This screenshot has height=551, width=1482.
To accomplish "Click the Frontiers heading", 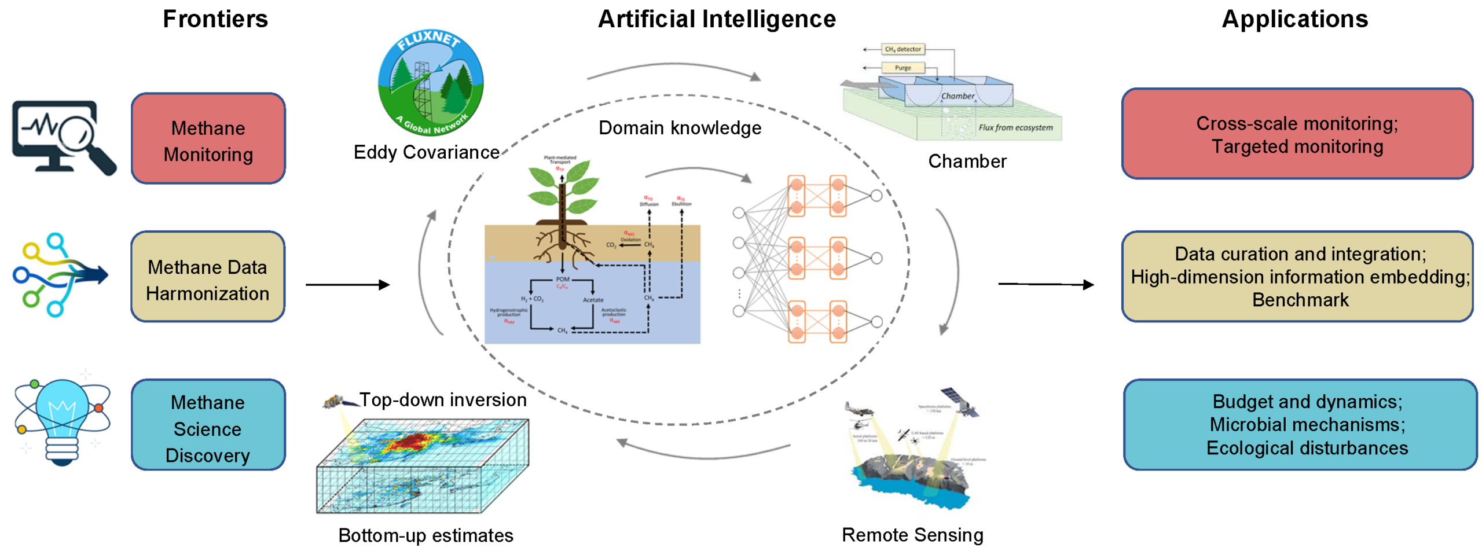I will pos(215,19).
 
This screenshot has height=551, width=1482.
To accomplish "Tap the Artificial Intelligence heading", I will pos(716,19).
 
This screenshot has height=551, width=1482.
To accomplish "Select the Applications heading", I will pos(1294,19).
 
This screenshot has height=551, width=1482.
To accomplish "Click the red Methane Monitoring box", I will pos(208,139).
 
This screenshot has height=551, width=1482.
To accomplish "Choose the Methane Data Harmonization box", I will pos(208,277).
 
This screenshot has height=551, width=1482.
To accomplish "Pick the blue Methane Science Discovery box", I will pos(208,425).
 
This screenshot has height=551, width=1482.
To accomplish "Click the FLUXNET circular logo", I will pos(430,83).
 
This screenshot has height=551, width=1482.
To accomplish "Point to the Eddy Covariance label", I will pos(426,152).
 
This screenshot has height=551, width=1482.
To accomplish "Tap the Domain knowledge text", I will pos(680,128).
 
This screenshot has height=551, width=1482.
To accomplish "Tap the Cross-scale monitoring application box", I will pos(1297,134).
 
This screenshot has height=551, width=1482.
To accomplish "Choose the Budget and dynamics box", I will pos(1300,425).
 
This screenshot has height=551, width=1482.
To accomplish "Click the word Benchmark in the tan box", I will pos(1300,300).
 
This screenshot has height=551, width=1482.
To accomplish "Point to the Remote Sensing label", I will pos(912,535).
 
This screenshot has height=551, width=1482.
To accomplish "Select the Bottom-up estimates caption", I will pos(425,535).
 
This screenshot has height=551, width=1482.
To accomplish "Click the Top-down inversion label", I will pos(443,399).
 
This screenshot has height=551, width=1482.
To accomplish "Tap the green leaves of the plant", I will pos(560,184).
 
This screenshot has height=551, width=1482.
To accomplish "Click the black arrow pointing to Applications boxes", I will pos(1046,284).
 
